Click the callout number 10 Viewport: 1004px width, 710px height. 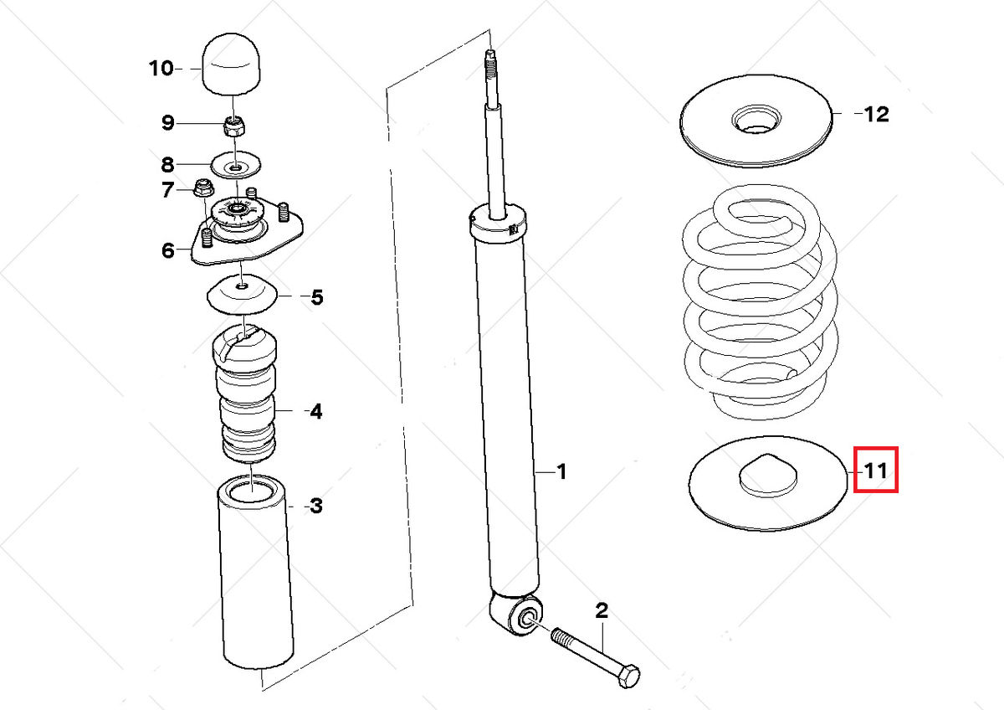[x=160, y=68]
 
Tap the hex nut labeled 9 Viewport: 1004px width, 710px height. [x=234, y=126]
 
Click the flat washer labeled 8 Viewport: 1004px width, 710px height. [x=236, y=165]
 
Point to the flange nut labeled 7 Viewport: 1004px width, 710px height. [x=202, y=189]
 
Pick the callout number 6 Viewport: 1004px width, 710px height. [x=168, y=250]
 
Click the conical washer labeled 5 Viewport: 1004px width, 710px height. [x=242, y=295]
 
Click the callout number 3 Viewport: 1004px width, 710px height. [x=315, y=506]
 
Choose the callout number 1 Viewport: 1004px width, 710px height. [x=561, y=472]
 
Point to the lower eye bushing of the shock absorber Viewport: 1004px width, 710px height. [x=528, y=617]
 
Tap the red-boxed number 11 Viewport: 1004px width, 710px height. [x=875, y=471]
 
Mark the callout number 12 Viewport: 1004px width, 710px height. [x=876, y=114]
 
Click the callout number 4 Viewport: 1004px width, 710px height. [x=315, y=411]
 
